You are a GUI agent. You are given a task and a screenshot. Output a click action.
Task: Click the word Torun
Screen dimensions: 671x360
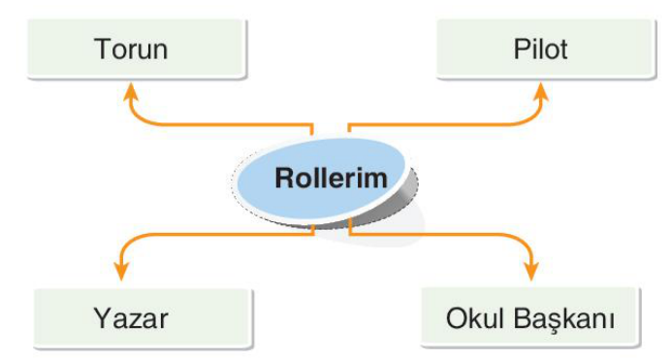[131, 49]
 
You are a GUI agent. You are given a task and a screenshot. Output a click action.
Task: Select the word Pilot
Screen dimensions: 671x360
[540, 49]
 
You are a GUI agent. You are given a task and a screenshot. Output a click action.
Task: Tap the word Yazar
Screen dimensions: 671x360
[131, 318]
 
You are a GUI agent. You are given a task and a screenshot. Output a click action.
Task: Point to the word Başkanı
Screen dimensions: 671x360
[563, 319]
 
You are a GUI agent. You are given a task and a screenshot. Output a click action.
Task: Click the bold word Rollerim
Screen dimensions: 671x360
[332, 178]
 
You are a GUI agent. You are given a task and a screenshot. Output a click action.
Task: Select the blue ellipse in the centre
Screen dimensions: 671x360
[321, 179]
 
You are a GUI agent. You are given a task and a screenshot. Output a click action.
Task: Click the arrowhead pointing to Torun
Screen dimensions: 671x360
[131, 91]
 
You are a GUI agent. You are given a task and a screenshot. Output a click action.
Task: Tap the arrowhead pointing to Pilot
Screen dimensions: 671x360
[541, 91]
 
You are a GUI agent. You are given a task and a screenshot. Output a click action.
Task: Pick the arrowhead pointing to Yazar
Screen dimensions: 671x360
[121, 271]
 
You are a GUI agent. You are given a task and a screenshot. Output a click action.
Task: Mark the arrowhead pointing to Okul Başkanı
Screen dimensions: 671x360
[531, 271]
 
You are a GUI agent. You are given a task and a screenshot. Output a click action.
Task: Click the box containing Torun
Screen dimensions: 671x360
[137, 49]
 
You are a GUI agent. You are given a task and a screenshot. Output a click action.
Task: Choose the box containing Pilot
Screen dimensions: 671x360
[546, 49]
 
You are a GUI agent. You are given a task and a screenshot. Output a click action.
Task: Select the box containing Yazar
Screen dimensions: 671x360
[144, 318]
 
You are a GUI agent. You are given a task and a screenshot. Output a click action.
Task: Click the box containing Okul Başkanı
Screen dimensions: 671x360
[530, 316]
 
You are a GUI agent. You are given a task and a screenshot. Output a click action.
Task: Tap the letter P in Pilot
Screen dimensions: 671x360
[521, 49]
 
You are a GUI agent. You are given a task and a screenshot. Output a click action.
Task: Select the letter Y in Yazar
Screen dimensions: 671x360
[102, 318]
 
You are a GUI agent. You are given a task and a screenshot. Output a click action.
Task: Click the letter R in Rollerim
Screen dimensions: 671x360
[284, 178]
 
